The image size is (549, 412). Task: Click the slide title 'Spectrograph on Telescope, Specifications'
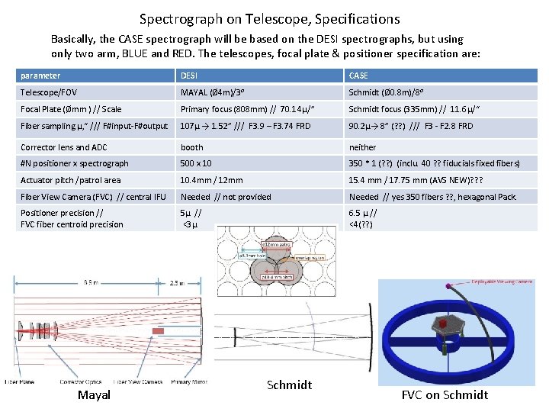pos(269,19)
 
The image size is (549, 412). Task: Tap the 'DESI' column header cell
pos(188,76)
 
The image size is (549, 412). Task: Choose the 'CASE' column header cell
pos(358,76)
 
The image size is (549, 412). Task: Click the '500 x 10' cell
pos(197,163)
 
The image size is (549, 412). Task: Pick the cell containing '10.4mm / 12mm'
pos(211,180)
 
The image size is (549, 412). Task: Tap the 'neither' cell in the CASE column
pos(362,147)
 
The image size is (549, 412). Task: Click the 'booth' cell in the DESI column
pos(191,147)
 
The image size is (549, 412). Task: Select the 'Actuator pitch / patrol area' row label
pos(70,180)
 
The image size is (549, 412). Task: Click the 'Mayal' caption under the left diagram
pos(94,394)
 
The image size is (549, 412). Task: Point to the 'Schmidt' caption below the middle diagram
pos(289,385)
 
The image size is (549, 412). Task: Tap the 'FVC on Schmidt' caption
pos(444,394)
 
